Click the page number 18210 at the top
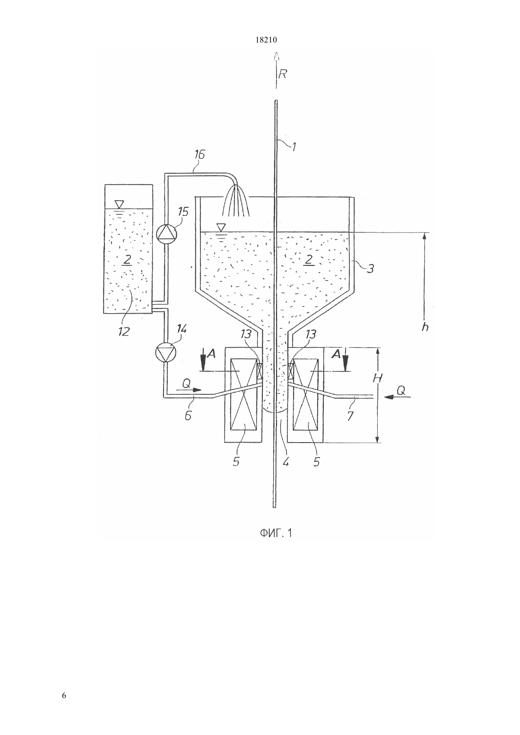coord(266,40)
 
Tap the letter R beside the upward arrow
coord(282,75)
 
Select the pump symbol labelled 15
coord(166,234)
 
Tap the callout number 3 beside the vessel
coord(370,269)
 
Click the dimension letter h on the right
coord(425,326)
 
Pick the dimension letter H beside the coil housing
coord(378,378)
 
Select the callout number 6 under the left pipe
coord(188,416)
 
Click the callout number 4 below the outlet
coord(286,462)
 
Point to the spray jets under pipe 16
coord(236,201)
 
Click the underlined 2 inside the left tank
coord(127,260)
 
